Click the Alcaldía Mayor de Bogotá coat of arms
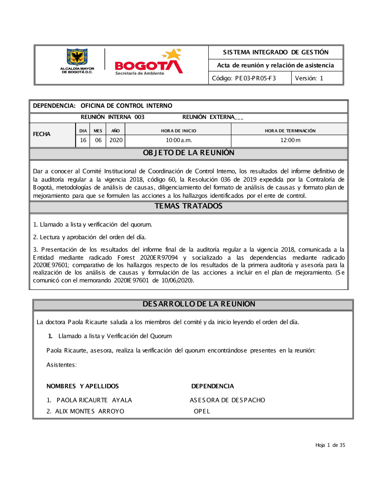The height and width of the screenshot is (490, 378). [x=77, y=57]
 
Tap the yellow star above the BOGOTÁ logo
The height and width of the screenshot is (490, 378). [x=174, y=54]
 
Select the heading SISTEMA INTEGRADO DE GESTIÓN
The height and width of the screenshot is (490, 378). [x=276, y=52]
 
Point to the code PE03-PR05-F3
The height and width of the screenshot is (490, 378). [x=256, y=78]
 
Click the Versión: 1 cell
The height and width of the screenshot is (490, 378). [x=309, y=78]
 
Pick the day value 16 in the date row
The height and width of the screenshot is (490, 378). [x=83, y=140]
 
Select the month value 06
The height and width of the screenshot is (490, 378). [x=98, y=140]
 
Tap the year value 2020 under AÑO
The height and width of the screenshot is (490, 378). [x=116, y=140]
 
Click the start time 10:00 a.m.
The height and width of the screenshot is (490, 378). [x=179, y=140]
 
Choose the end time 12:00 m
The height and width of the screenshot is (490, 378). [x=290, y=140]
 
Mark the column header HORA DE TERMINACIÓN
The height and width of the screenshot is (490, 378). [x=290, y=131]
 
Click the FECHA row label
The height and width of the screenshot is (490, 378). [x=42, y=134]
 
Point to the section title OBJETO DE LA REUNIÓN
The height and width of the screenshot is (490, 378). [x=189, y=153]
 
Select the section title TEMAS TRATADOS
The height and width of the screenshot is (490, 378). [x=189, y=206]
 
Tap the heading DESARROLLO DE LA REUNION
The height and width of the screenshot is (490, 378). [x=199, y=304]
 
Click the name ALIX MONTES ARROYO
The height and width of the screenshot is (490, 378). [x=90, y=411]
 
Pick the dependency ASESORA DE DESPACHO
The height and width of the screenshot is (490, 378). [x=228, y=400]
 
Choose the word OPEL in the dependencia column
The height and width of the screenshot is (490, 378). [x=202, y=411]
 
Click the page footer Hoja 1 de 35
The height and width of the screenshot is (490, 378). [x=330, y=445]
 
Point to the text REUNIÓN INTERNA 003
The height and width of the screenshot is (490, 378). [x=112, y=117]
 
